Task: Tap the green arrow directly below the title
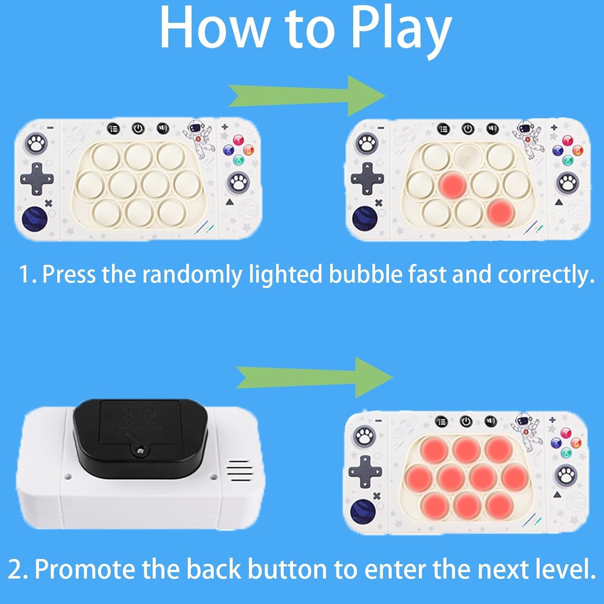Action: (307, 96)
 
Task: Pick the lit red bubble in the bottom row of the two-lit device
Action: (501, 212)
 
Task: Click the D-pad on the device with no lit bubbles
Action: (37, 179)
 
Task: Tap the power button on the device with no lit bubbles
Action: (138, 128)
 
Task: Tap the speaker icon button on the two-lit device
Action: (492, 129)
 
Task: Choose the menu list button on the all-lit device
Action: (441, 422)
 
